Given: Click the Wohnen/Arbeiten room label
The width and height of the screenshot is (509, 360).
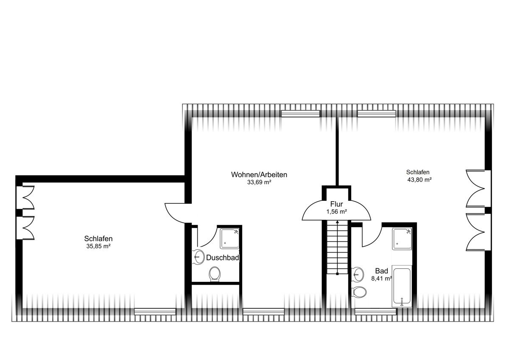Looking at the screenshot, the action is (259, 174).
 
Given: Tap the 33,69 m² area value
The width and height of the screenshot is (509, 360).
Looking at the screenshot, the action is (259, 182).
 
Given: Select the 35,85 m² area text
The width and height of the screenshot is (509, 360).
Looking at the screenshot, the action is (98, 246).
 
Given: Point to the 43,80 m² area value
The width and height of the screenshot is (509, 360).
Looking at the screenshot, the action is (420, 180).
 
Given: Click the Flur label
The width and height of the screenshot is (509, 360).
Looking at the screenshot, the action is (336, 204).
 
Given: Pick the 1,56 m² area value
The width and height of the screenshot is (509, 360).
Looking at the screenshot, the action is (336, 212).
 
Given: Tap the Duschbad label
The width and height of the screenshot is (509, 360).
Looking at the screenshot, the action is (222, 258).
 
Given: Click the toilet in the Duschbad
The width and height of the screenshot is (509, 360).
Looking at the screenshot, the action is (215, 274).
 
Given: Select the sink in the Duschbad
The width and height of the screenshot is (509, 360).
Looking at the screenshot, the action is (198, 257).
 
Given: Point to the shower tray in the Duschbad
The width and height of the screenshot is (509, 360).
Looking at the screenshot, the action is (229, 239).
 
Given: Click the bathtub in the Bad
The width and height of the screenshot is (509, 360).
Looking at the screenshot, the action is (402, 287).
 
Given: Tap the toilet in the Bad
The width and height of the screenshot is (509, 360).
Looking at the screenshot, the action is (359, 292).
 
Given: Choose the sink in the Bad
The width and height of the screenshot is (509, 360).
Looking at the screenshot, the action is (357, 274).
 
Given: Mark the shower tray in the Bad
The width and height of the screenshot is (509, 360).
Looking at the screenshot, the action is (402, 239).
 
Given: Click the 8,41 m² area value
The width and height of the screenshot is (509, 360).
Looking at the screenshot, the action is (381, 278).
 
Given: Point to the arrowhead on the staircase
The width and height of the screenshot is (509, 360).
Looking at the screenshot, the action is (338, 222).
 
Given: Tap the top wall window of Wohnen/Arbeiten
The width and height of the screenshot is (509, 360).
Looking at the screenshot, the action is (300, 114).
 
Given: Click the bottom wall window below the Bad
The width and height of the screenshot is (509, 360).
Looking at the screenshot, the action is (375, 312).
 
